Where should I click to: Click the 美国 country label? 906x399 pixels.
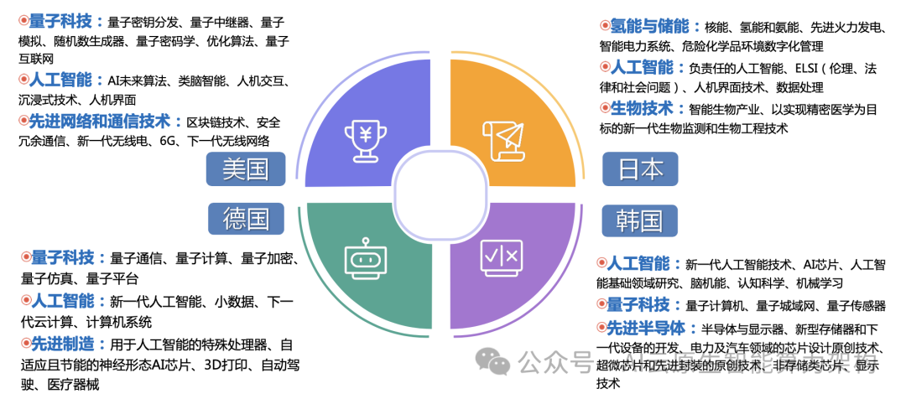(x=246, y=170)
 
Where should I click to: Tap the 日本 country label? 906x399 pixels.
(x=640, y=170)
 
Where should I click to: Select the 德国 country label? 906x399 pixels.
(x=246, y=220)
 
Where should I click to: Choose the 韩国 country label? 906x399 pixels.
(x=640, y=220)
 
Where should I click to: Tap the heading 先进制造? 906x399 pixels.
(x=62, y=344)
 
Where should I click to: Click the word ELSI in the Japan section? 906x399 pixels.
(x=802, y=68)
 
